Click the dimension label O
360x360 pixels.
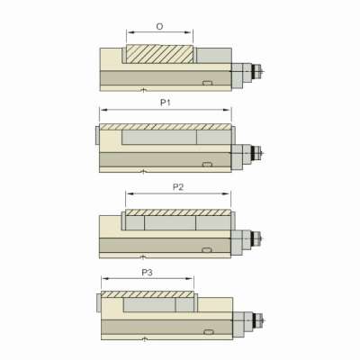(x=159, y=27)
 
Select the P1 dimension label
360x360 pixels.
(x=166, y=103)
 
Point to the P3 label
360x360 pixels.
(x=147, y=270)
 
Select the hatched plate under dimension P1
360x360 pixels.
(x=166, y=127)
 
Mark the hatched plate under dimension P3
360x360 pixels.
(x=148, y=294)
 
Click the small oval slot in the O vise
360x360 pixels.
(x=209, y=83)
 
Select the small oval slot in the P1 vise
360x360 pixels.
(x=209, y=164)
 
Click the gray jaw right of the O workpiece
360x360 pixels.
(x=212, y=55)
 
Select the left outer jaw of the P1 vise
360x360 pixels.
(x=96, y=136)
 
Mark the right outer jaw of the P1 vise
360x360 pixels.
(x=235, y=136)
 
